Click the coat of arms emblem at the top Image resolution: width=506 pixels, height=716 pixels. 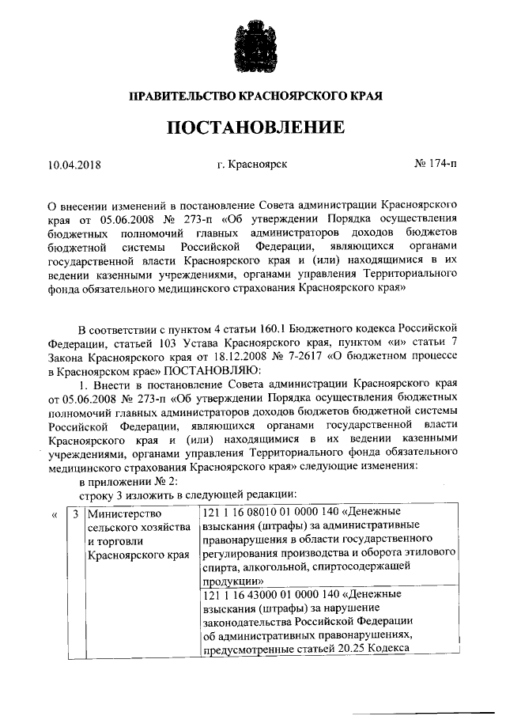pos(253,46)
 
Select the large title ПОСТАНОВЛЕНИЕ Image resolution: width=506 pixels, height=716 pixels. pos(255,127)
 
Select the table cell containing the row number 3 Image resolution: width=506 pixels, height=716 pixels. pos(75,513)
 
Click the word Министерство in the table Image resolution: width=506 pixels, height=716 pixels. pos(122,513)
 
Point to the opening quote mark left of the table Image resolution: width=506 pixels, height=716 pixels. pos(54,513)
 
